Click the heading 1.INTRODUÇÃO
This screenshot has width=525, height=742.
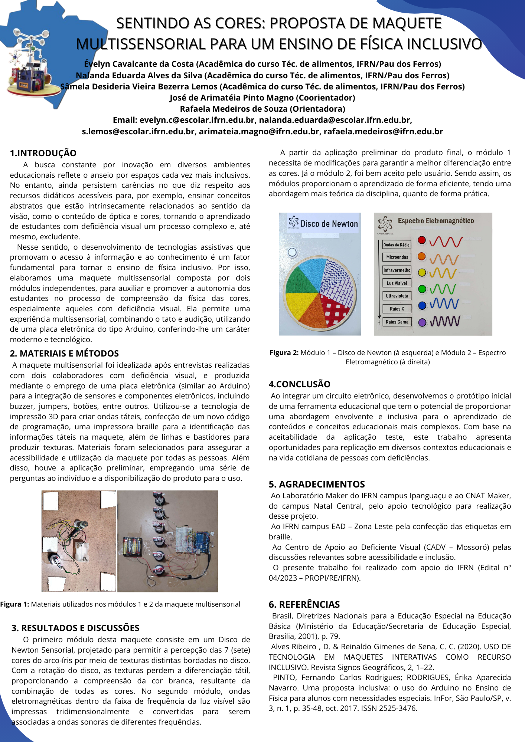[x=43, y=153]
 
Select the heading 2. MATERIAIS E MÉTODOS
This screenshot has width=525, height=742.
[x=64, y=354]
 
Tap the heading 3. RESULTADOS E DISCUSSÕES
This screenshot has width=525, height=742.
[x=75, y=628]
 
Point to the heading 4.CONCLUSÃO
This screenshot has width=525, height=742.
[x=299, y=384]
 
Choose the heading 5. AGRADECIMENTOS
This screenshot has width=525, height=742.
[x=317, y=485]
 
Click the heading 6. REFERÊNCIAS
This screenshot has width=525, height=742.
[x=304, y=605]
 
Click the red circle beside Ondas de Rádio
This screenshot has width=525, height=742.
[x=421, y=240]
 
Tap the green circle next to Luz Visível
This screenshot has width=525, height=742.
[x=422, y=289]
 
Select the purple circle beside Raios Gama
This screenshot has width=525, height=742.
[x=422, y=322]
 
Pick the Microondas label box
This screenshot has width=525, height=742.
[x=397, y=257]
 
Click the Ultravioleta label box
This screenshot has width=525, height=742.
[x=397, y=296]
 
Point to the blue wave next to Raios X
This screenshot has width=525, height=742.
[x=444, y=304]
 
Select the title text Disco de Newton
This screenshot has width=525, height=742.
[x=329, y=224]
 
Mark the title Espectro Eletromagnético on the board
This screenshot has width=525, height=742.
[x=436, y=221]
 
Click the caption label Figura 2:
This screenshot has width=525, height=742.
[x=284, y=353]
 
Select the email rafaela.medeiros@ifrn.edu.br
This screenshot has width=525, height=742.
[x=383, y=132]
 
